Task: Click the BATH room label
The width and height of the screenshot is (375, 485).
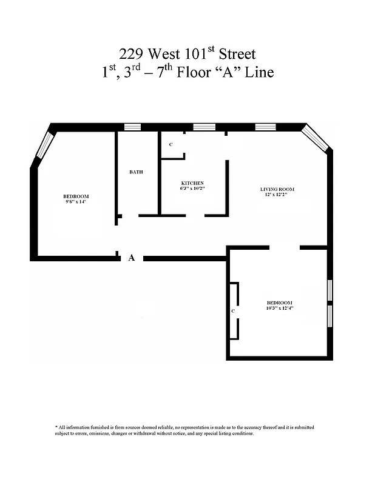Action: click(136, 172)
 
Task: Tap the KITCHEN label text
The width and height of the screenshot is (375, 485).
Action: click(192, 183)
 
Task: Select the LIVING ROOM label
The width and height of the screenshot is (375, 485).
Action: click(277, 190)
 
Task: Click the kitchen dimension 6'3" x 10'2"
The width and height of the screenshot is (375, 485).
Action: click(192, 189)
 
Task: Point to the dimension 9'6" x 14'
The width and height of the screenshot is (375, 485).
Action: click(76, 202)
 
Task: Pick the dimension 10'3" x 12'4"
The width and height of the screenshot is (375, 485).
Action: click(280, 309)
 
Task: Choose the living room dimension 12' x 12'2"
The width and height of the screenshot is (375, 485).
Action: click(277, 195)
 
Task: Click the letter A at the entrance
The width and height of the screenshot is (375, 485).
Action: click(131, 258)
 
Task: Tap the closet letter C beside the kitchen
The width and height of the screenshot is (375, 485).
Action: click(171, 145)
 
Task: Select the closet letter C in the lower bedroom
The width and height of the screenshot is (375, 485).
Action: click(233, 311)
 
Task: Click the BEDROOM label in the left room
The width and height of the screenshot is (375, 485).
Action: click(76, 196)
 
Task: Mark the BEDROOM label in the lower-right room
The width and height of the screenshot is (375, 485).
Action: click(280, 303)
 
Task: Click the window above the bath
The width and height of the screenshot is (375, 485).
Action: click(132, 127)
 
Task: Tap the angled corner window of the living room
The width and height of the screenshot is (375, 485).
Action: click(316, 138)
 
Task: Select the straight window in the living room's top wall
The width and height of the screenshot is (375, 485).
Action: click(265, 127)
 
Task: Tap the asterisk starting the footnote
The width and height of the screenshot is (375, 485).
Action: click(56, 427)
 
